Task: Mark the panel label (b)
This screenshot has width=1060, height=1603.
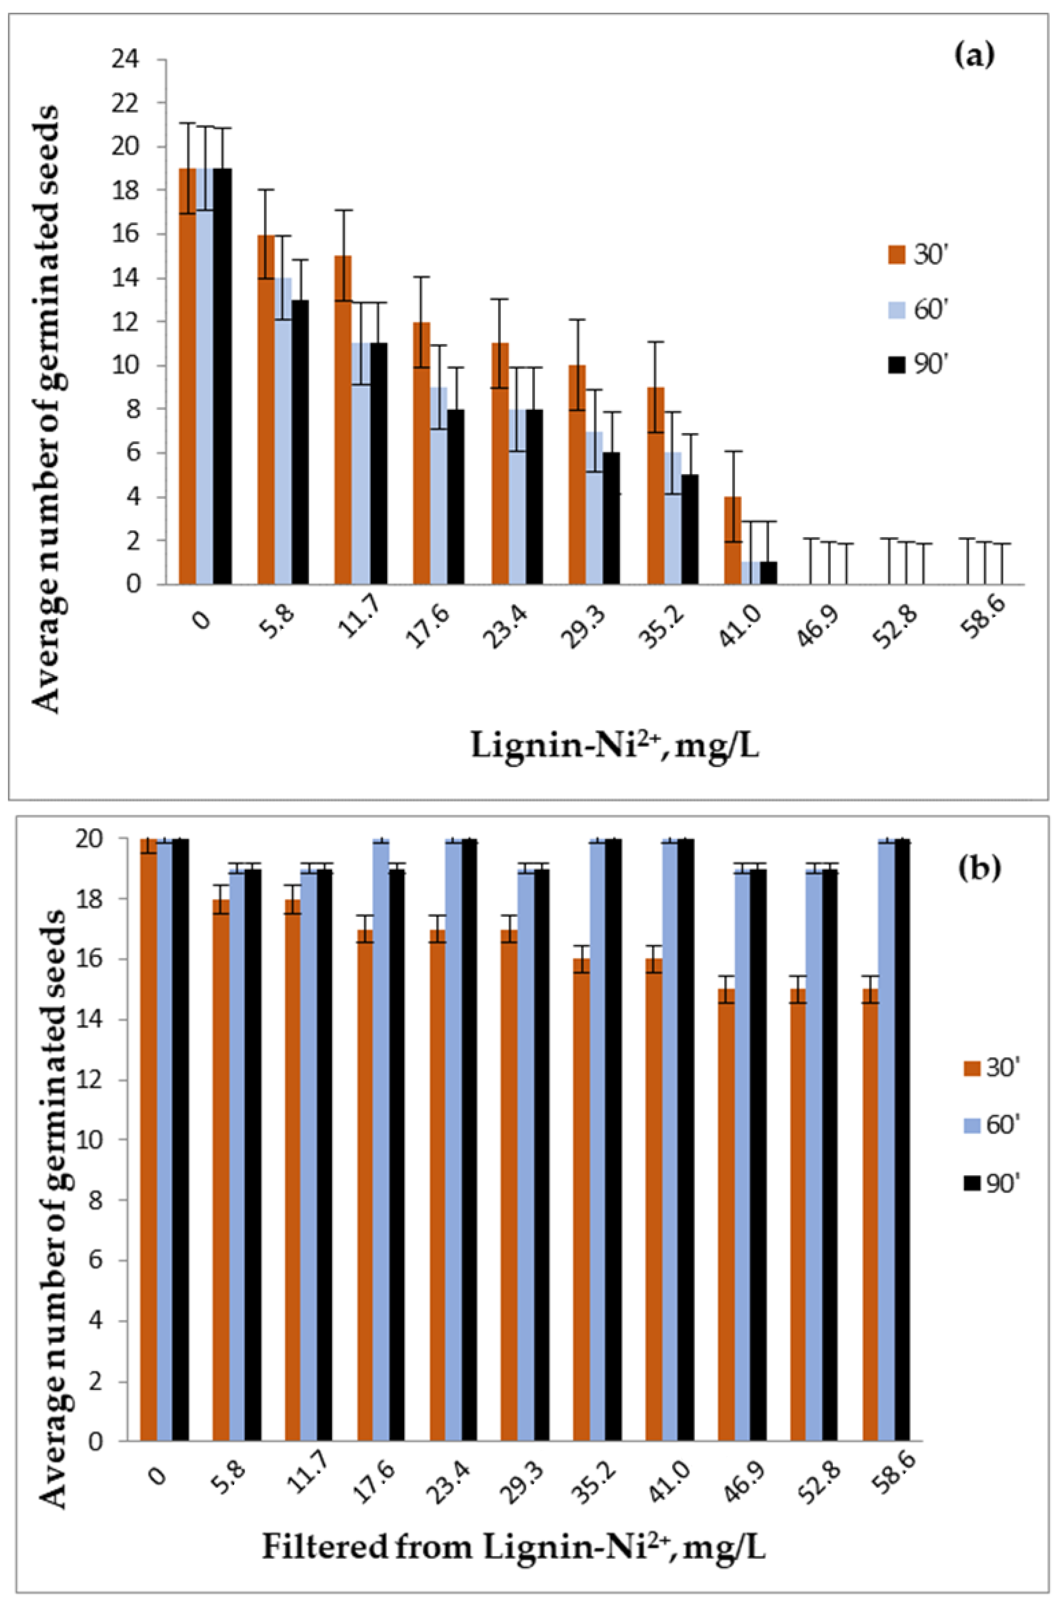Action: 978,869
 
